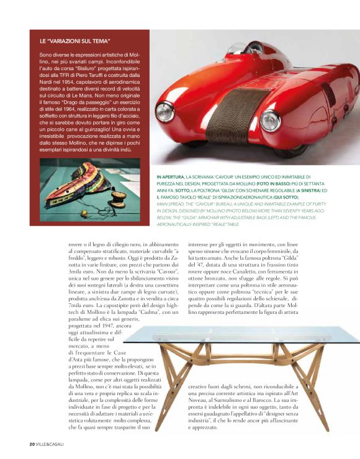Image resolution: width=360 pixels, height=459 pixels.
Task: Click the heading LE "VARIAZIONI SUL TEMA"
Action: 74,42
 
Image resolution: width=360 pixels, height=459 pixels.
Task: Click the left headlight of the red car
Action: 164,113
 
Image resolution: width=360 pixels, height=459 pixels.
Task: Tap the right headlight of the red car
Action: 270,120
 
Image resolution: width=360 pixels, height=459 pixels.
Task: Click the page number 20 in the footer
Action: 32,443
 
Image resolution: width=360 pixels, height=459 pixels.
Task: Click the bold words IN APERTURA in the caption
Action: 172,177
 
